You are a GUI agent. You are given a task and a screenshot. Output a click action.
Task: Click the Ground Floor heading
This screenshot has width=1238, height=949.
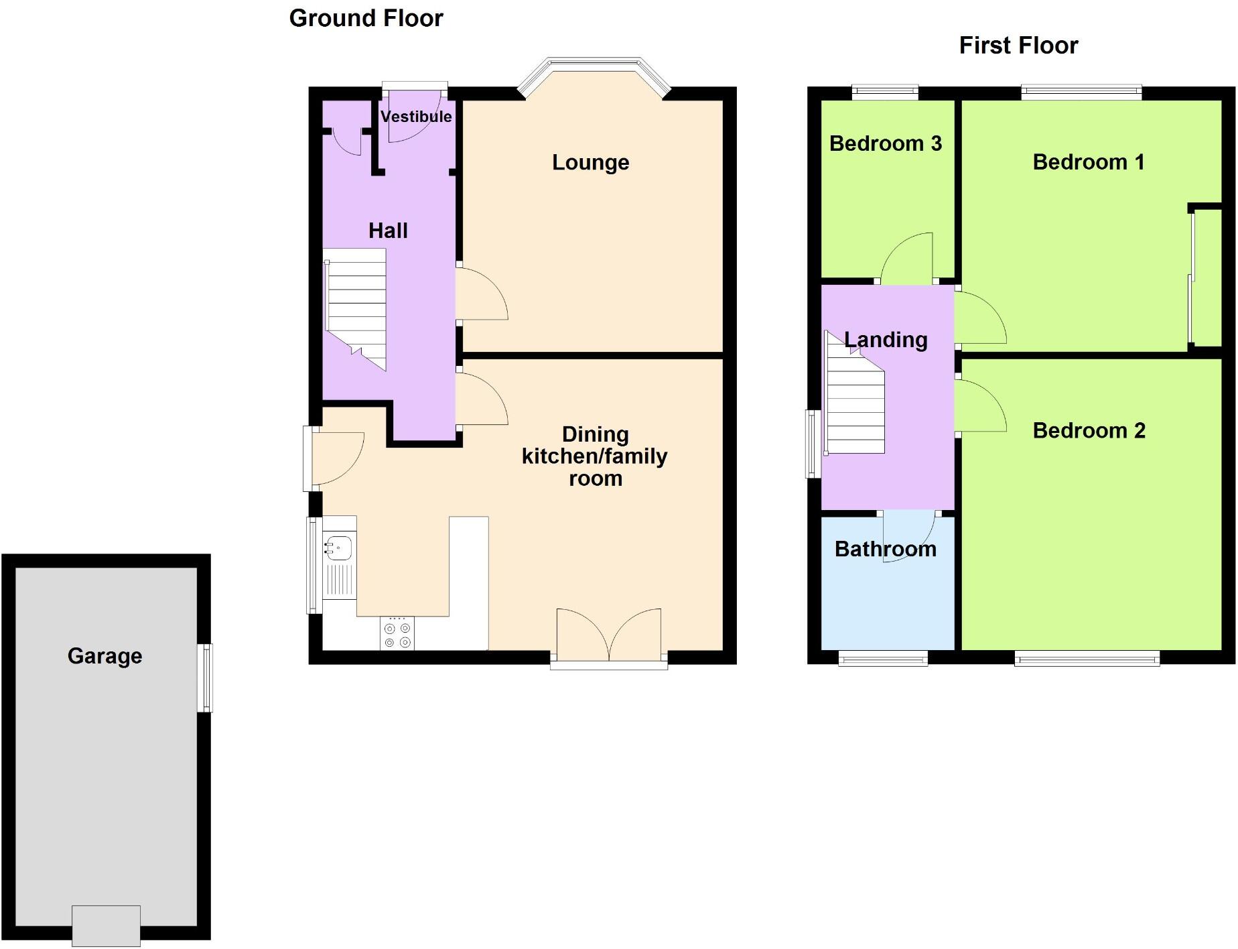(366, 18)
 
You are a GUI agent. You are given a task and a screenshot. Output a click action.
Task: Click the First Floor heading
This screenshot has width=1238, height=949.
(1018, 46)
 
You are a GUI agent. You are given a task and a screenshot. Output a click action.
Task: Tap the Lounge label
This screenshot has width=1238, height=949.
(590, 162)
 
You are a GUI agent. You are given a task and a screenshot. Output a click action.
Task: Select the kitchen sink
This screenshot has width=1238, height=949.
(338, 548)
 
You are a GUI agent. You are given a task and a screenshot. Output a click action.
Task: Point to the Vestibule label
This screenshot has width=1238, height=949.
(416, 117)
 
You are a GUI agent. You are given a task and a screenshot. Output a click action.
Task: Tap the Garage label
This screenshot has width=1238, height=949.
(105, 655)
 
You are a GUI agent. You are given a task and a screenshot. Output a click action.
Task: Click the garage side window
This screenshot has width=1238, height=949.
(205, 677)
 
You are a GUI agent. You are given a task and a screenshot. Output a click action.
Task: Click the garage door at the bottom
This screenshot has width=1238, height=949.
(106, 925)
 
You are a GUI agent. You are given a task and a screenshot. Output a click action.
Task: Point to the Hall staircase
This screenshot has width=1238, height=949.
(356, 308)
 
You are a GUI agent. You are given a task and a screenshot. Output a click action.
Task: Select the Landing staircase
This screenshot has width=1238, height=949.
(855, 395)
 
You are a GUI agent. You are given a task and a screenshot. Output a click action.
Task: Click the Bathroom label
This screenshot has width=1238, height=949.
(885, 549)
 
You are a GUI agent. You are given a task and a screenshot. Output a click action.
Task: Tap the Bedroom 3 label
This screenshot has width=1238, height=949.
(885, 143)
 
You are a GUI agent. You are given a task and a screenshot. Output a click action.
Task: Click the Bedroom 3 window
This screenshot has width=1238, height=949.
(885, 92)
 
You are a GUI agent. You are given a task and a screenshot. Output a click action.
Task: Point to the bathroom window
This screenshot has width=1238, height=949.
(883, 659)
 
